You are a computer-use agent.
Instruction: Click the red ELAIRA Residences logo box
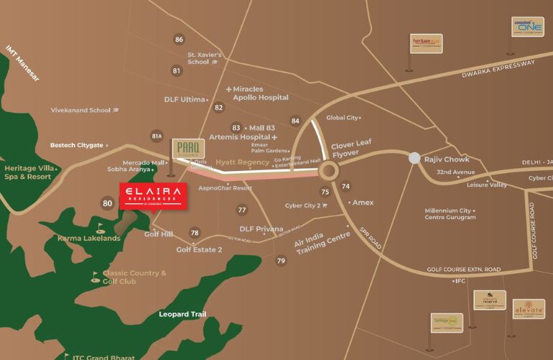point(154,196)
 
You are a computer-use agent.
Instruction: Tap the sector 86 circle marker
point(179,40)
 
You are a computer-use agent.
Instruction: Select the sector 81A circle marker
point(157,136)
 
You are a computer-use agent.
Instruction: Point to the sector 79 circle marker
point(281,261)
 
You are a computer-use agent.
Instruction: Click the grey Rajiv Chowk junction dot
point(414,158)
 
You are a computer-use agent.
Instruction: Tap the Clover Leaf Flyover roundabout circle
point(329,171)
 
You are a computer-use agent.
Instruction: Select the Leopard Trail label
point(182,314)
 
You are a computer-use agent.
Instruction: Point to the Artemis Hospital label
point(240,137)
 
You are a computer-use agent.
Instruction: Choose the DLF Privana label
point(261,229)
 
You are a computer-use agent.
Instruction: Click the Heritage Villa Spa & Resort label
point(28,172)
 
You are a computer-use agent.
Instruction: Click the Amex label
point(363,203)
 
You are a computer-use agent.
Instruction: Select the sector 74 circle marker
point(346,187)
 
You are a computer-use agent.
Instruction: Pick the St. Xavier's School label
point(205,58)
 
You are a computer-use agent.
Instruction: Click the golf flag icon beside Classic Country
point(96,275)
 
